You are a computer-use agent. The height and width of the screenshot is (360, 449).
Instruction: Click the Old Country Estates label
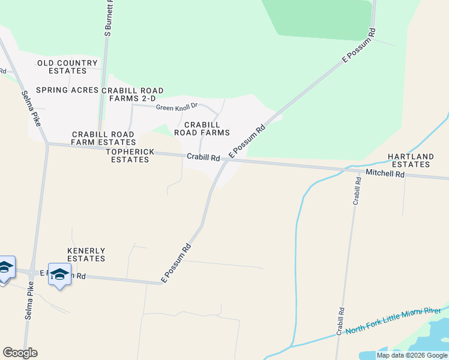(x=67, y=67)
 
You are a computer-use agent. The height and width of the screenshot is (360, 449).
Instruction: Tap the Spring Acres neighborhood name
(x=67, y=90)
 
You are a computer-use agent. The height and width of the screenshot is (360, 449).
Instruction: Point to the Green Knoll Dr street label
(x=177, y=107)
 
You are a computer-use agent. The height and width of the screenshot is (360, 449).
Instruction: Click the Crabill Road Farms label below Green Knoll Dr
(x=202, y=128)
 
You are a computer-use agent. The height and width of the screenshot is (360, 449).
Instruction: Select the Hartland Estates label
(x=411, y=160)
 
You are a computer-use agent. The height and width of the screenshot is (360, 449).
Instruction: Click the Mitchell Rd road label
(x=385, y=175)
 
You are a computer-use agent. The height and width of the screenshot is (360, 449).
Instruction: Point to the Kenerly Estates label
(x=86, y=254)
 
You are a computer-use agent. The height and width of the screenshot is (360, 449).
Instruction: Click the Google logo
(x=20, y=353)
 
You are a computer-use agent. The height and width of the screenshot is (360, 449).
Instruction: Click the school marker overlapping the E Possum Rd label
(x=59, y=274)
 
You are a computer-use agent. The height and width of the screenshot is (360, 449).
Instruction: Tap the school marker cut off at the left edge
(x=5, y=268)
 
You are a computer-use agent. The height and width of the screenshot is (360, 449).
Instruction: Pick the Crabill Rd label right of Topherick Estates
(x=203, y=157)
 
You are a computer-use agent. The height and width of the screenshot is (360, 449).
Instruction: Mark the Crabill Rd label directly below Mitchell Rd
(x=357, y=192)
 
